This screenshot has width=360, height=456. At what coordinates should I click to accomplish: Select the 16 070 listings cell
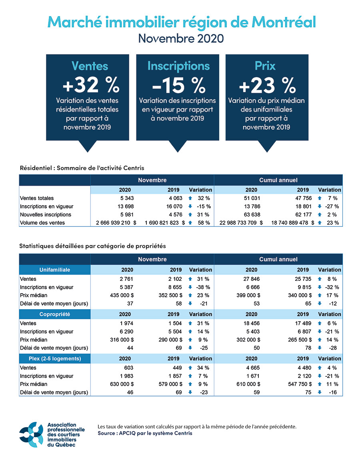[174, 206]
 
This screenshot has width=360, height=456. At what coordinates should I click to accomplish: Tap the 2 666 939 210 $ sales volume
[116, 223]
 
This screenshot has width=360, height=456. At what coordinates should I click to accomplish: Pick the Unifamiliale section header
[55, 270]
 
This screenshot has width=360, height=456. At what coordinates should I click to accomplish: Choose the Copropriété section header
[55, 314]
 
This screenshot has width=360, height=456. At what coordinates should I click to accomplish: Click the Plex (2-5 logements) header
[55, 358]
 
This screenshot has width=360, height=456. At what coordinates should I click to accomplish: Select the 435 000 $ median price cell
[120, 296]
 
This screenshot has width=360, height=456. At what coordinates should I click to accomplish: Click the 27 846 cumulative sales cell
[252, 279]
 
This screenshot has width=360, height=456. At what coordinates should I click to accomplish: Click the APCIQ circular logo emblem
[31, 434]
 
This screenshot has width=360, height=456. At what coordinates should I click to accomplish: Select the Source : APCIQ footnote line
[145, 433]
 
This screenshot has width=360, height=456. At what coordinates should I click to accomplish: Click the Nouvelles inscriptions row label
[46, 215]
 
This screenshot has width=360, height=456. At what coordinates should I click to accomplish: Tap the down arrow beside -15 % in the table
[190, 206]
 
